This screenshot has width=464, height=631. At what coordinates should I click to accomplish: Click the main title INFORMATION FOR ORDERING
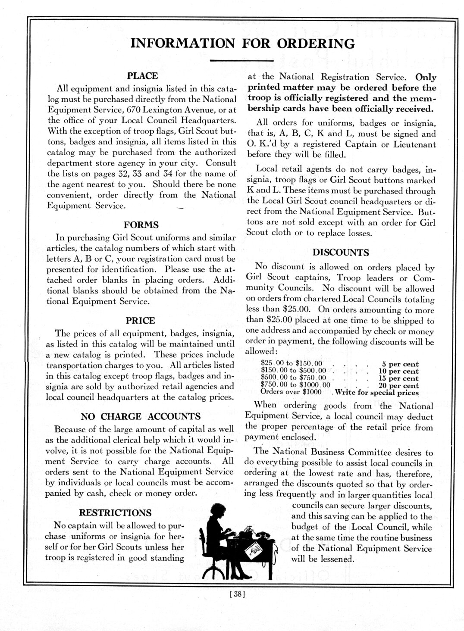click(243, 44)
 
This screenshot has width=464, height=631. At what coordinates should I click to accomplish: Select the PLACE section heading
click(142, 76)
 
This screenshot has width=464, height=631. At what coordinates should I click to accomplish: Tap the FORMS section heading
click(141, 225)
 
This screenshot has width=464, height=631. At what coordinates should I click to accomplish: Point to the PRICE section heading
click(140, 321)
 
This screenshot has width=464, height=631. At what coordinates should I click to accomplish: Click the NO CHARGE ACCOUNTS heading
click(141, 416)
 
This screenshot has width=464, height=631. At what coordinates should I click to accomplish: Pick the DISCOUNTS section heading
click(340, 252)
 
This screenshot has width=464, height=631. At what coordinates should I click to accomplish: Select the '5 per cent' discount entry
click(401, 364)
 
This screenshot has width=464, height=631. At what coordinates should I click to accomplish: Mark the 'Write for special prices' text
click(376, 393)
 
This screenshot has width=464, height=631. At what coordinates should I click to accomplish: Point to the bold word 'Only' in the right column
click(425, 78)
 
